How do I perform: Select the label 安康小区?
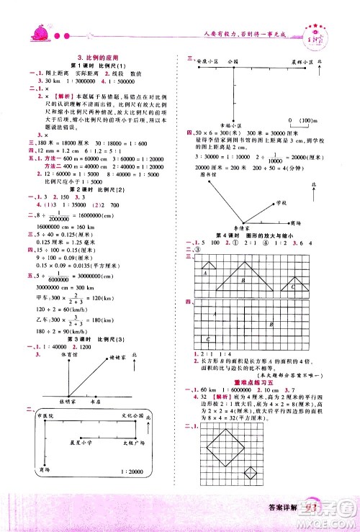pyautogui.click(x=205, y=63)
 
